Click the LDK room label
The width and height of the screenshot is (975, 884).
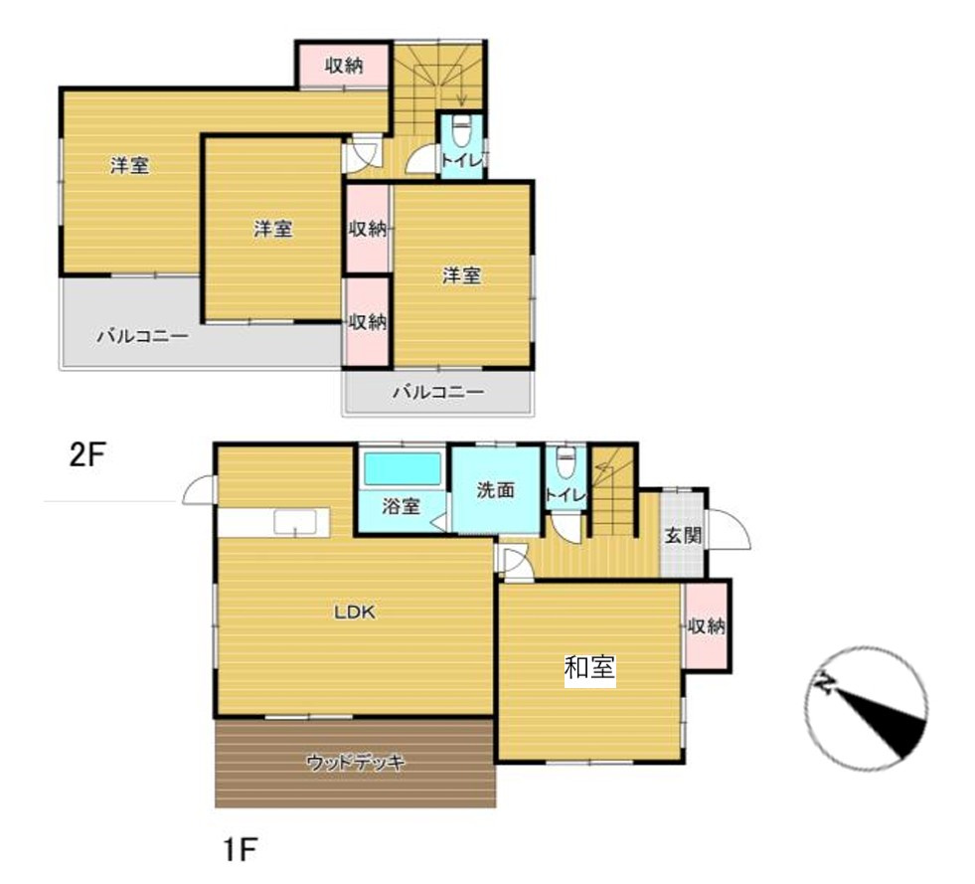(355, 613)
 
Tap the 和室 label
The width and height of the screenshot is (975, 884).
(589, 668)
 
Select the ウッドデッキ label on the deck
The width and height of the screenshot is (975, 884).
(356, 762)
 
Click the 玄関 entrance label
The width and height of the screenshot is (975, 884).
(684, 535)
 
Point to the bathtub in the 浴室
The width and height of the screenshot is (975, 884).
(403, 468)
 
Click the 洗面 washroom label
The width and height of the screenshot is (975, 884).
(496, 489)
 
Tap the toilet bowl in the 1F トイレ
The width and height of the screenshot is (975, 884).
(566, 462)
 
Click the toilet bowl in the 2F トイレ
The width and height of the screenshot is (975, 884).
(461, 131)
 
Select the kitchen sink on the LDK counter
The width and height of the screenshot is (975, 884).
(295, 522)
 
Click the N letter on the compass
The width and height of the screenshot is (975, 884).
(826, 684)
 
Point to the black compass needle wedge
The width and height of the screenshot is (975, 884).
(882, 722)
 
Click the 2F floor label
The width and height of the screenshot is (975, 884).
(87, 456)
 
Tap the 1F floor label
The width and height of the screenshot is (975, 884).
(240, 849)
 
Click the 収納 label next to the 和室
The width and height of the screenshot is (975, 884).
(706, 625)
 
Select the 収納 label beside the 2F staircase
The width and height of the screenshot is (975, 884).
(344, 66)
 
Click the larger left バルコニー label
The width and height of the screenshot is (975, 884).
(142, 336)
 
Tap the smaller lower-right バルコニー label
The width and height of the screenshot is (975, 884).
(437, 392)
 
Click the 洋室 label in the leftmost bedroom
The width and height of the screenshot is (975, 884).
(130, 165)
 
